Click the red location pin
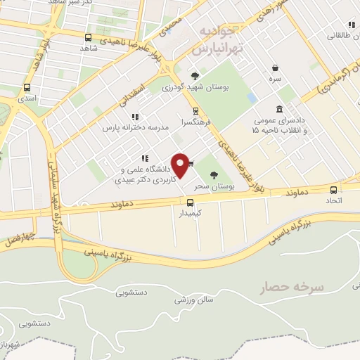coord(180,165)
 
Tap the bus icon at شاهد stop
coord(88,37)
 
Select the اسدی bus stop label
coord(27,100)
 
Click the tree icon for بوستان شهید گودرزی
coord(195,76)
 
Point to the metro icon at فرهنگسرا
coord(195,110)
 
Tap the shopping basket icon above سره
coord(275,68)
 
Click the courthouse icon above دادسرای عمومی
coord(280,109)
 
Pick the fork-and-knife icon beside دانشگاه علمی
coord(144,158)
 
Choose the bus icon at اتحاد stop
coord(334,188)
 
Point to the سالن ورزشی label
coord(174,300)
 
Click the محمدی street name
coord(170,25)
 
